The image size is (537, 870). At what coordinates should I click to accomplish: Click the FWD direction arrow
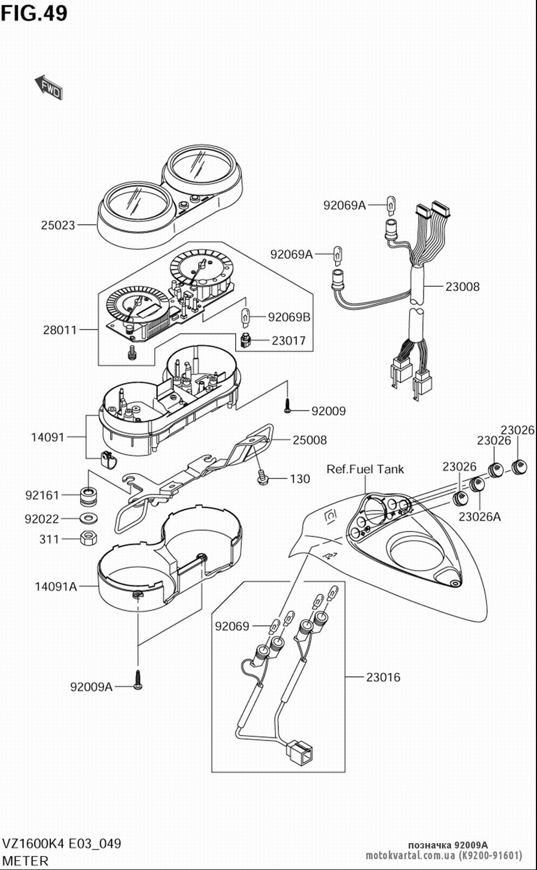click(48, 87)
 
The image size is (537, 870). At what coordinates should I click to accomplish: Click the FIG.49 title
click(34, 13)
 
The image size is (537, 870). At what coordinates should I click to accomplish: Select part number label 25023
click(58, 225)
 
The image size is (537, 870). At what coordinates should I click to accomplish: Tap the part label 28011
click(60, 330)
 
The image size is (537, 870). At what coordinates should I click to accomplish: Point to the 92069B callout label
click(289, 317)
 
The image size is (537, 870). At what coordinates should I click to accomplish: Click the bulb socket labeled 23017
click(245, 340)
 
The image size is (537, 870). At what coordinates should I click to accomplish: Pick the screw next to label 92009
click(287, 406)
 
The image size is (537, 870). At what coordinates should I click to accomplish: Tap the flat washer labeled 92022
click(89, 518)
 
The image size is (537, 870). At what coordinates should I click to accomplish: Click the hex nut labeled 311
click(88, 538)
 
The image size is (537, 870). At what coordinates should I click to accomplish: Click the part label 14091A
click(56, 586)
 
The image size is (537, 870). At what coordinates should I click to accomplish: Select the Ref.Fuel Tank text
click(365, 469)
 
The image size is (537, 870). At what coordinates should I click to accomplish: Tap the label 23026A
click(480, 517)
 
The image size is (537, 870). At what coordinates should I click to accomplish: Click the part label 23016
click(383, 677)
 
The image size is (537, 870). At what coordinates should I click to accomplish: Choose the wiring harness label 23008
click(462, 287)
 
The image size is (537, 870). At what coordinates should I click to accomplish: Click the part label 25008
click(309, 440)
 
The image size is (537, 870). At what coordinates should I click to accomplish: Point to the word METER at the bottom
click(25, 861)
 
